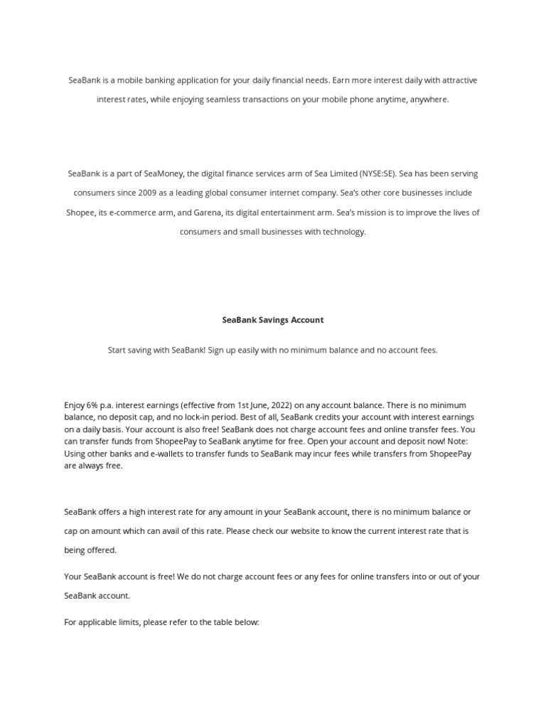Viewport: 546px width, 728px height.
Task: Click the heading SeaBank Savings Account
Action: coord(273,320)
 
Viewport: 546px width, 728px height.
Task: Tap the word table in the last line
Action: coord(226,622)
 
